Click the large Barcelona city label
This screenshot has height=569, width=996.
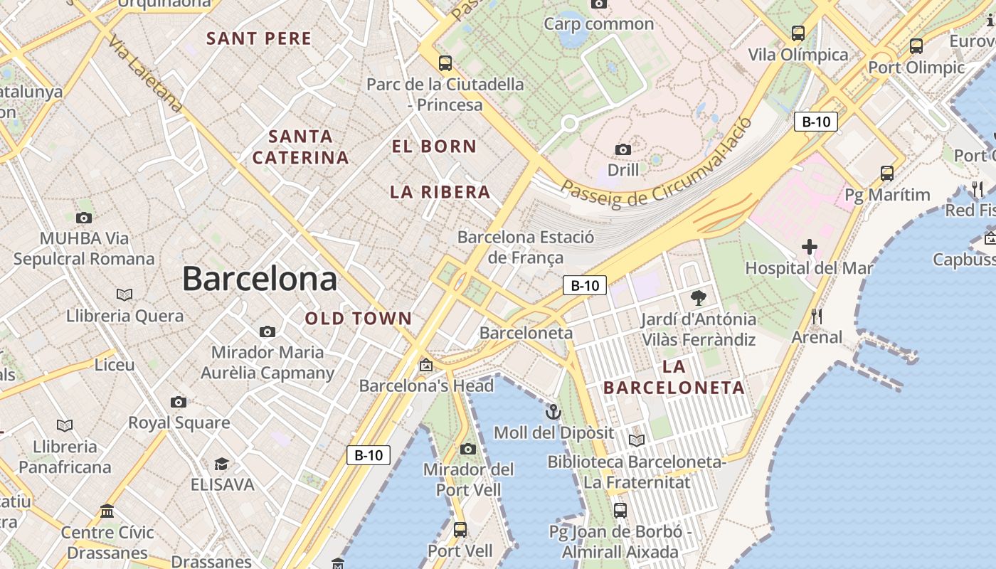[260, 278]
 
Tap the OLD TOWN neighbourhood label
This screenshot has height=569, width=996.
[359, 319]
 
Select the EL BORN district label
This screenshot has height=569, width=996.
[434, 147]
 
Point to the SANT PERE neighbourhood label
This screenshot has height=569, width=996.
[259, 38]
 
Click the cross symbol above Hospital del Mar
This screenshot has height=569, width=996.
[809, 248]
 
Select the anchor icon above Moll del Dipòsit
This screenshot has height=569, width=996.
[553, 412]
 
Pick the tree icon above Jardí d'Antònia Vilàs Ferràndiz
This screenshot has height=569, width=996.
[699, 298]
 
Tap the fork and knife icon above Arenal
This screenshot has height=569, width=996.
[817, 316]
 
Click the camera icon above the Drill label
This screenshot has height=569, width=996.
[623, 149]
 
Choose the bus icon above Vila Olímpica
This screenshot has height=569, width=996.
[798, 33]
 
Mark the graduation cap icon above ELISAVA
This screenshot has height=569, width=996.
[222, 464]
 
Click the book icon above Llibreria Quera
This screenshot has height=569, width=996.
[124, 294]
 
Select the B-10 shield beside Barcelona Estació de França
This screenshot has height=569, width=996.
[585, 285]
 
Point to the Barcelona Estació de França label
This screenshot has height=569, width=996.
[525, 247]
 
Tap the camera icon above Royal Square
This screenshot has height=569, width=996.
[179, 402]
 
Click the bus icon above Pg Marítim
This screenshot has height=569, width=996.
[887, 173]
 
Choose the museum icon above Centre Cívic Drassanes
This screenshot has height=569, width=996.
[107, 511]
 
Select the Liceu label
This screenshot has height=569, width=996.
[115, 365]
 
